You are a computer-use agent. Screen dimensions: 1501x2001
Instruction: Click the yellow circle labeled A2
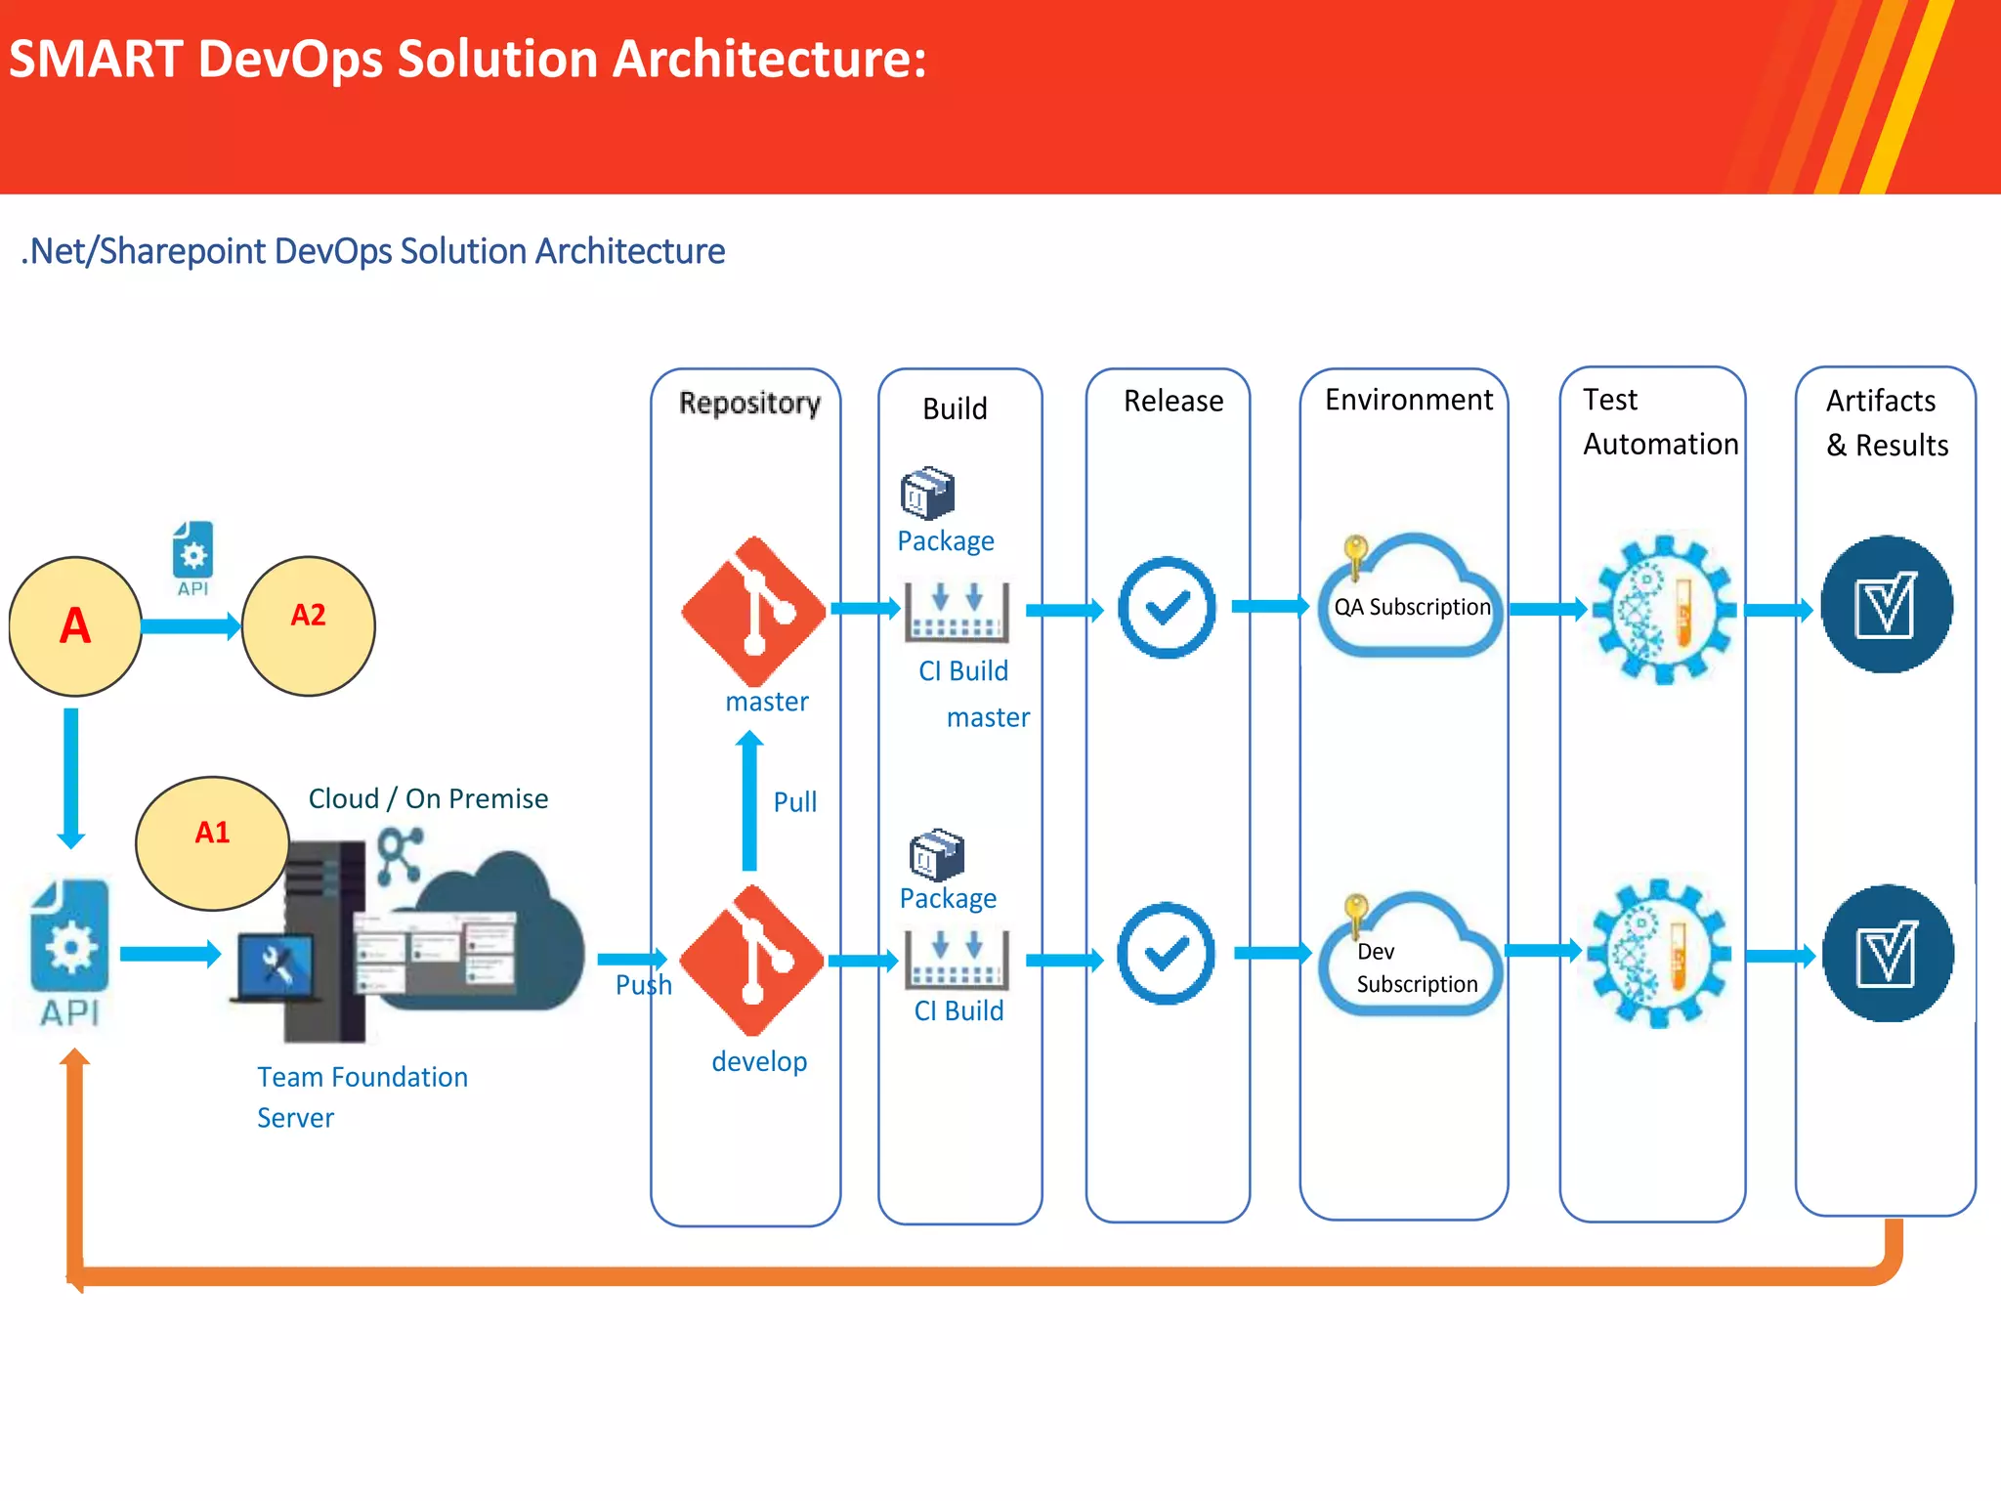(308, 625)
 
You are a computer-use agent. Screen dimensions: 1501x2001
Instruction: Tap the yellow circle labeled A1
(212, 842)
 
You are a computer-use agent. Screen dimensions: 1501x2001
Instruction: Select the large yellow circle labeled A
(75, 625)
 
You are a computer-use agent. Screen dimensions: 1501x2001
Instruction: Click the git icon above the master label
(753, 611)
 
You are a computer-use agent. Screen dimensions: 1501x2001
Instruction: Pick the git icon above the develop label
(751, 960)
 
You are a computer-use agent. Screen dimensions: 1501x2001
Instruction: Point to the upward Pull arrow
(749, 801)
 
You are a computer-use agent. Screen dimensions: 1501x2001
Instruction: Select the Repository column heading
(749, 403)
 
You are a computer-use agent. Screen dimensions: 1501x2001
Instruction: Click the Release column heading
(1172, 401)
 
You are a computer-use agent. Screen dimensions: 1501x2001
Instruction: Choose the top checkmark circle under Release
(1167, 608)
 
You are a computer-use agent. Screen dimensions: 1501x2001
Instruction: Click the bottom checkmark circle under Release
(1166, 954)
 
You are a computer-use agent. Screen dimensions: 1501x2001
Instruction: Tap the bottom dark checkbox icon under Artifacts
(1887, 954)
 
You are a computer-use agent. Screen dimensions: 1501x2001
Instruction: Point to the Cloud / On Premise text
(428, 798)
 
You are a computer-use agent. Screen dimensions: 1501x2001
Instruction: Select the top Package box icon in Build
(927, 493)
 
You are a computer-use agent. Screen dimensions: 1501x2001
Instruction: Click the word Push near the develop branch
(643, 984)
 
